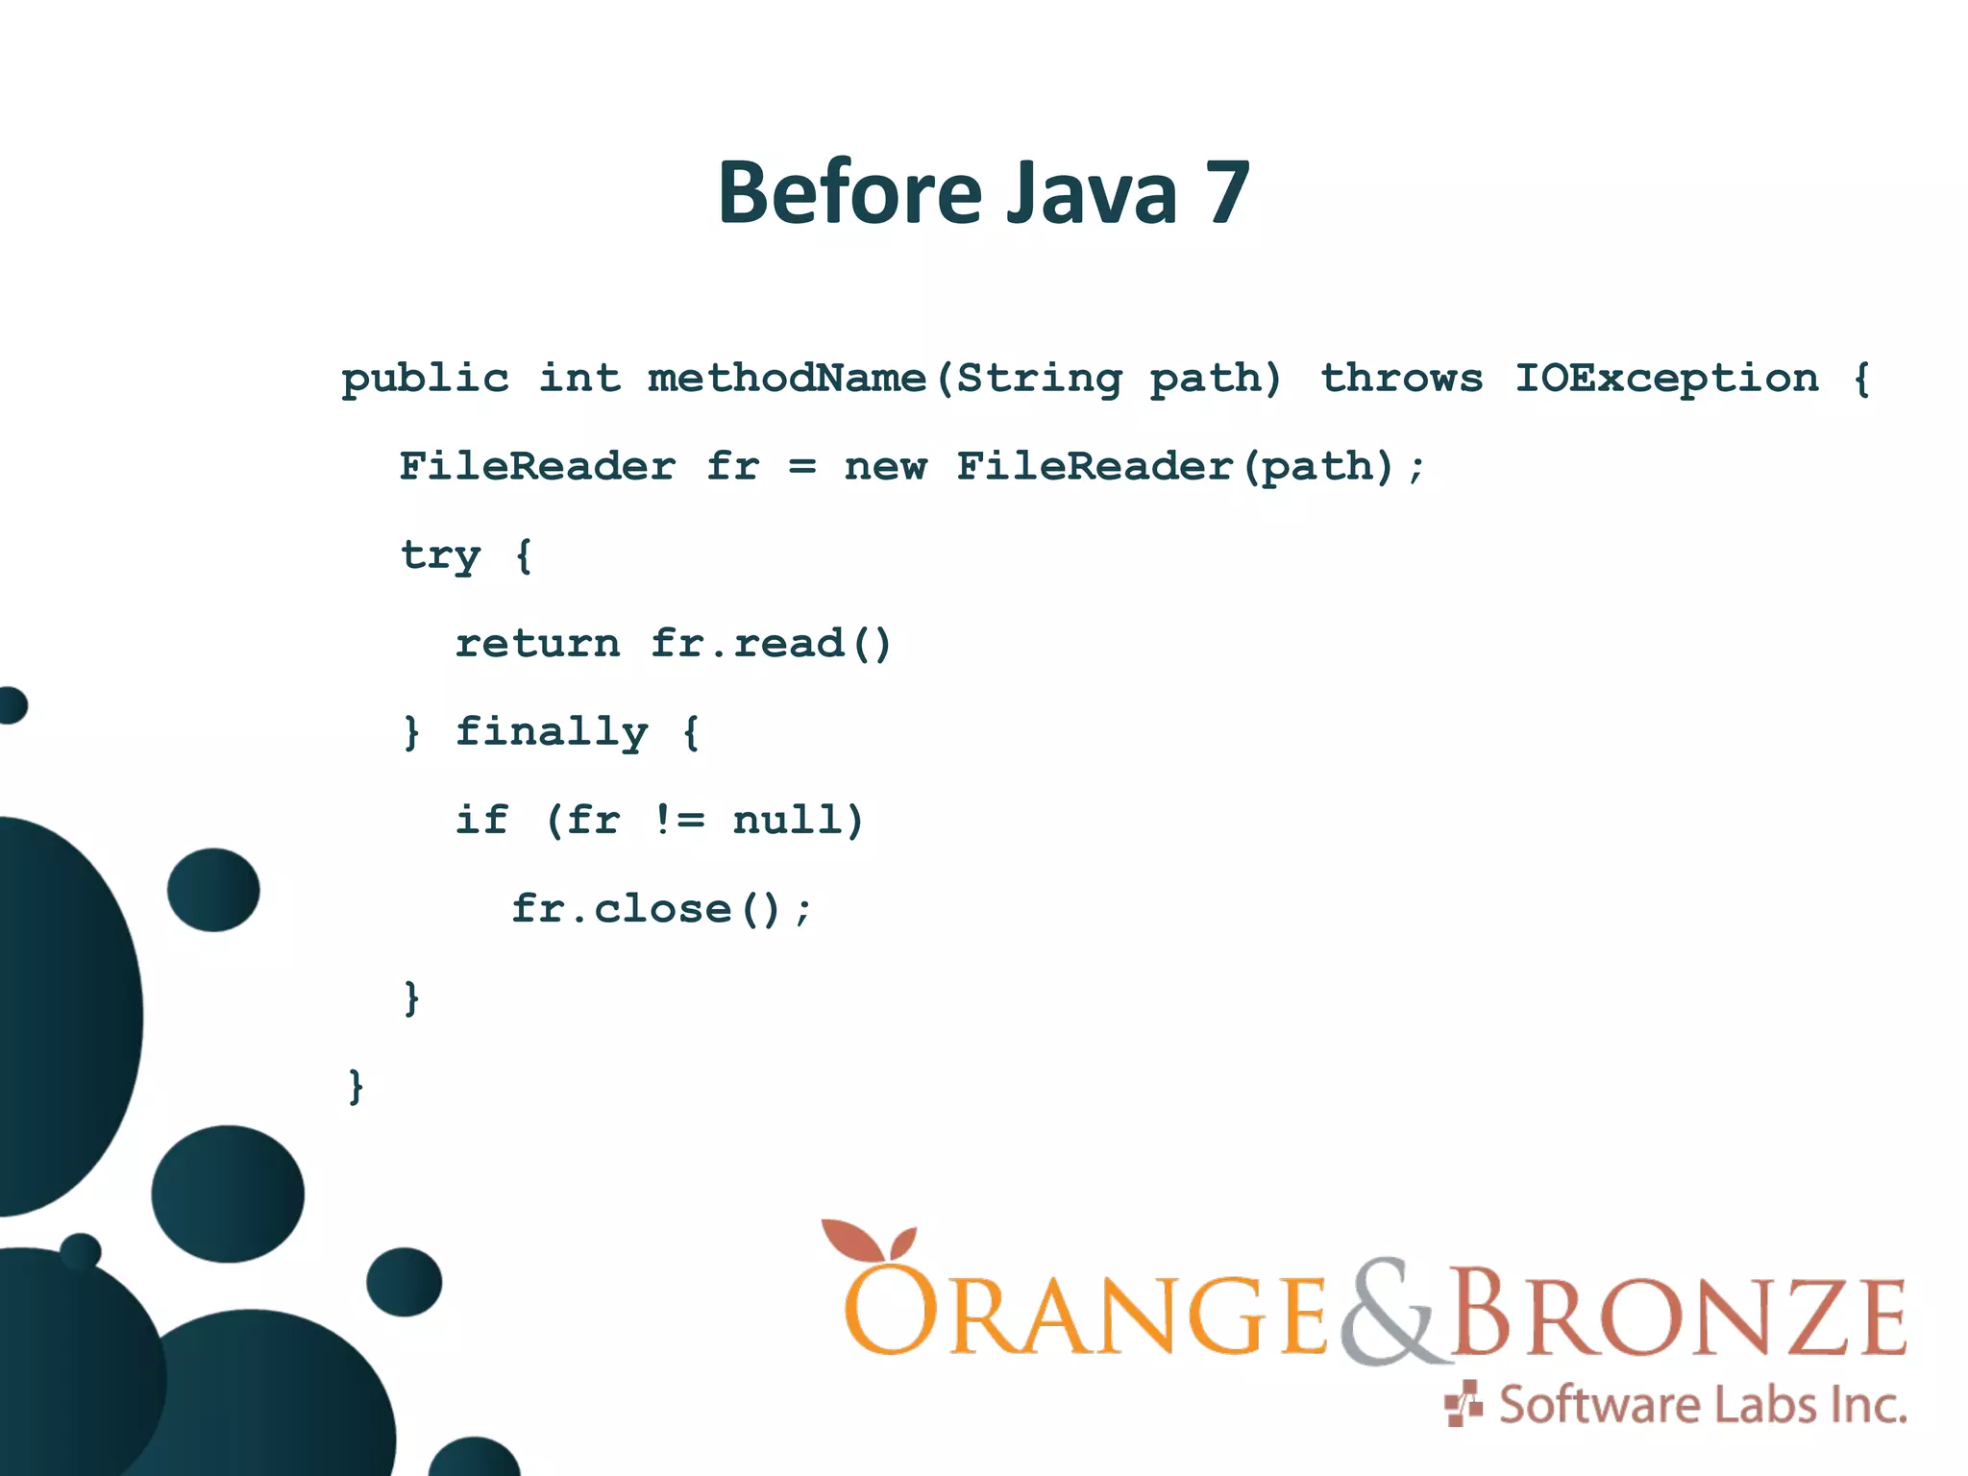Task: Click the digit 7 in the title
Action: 1227,193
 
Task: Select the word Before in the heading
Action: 849,193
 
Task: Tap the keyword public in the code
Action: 425,380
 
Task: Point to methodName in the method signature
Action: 786,378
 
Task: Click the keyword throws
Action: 1401,378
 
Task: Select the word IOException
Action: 1667,378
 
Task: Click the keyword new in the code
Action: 885,468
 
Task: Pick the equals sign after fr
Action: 801,468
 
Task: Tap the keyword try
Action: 440,556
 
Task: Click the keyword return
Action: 537,644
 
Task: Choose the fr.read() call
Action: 771,644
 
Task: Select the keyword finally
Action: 552,733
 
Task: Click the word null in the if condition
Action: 798,821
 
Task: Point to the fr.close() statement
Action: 661,909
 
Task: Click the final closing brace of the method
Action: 356,1086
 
